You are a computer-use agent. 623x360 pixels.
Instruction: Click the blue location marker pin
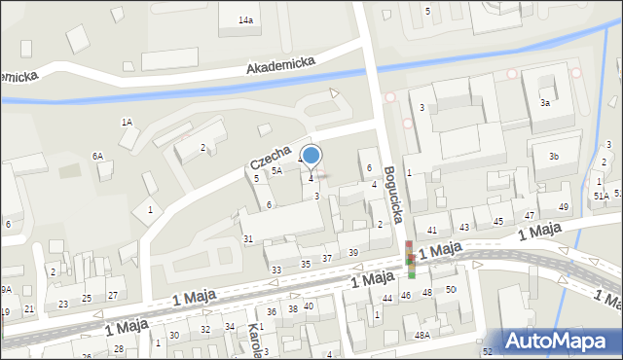[311, 156]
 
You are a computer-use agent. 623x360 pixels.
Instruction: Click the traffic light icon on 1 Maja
[411, 258]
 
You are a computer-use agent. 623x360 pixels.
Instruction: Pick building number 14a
[247, 20]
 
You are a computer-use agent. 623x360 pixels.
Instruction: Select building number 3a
[546, 103]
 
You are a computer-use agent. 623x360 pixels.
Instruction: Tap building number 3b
[553, 157]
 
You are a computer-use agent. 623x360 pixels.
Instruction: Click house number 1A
[127, 123]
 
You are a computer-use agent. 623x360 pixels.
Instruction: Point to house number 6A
[97, 156]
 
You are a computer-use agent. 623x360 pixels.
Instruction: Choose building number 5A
[277, 171]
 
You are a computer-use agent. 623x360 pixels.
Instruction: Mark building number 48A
[421, 335]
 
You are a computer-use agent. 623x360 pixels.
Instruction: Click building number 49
[564, 207]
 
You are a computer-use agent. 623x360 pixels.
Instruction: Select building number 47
[530, 215]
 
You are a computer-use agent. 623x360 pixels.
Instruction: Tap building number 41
[432, 230]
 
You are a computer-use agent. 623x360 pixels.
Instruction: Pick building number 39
[353, 253]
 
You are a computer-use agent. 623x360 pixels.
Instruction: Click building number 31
[248, 239]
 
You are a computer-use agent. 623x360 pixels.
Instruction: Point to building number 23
[63, 305]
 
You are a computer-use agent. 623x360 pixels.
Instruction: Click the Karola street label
[255, 341]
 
